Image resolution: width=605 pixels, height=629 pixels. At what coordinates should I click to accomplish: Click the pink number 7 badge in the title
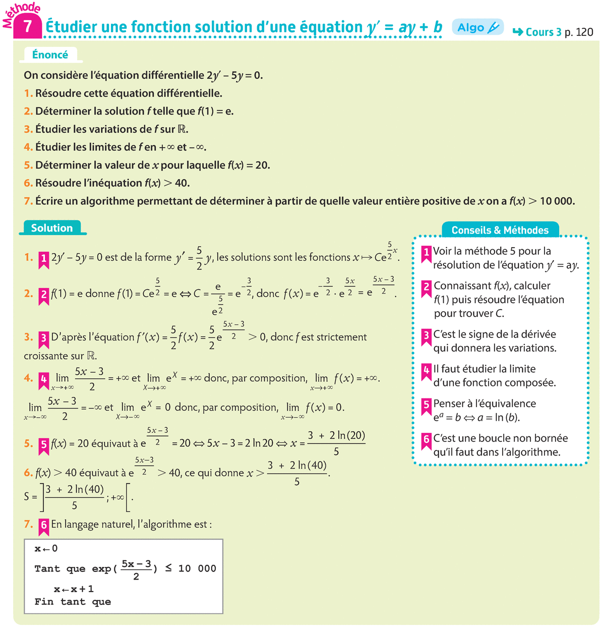click(28, 26)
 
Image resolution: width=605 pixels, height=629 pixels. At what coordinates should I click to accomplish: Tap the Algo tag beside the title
click(477, 27)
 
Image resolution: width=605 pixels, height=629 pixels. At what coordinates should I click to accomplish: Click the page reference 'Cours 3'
click(543, 32)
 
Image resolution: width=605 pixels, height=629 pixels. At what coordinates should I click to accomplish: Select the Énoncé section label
click(50, 54)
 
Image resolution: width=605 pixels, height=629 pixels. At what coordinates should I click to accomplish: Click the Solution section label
click(52, 228)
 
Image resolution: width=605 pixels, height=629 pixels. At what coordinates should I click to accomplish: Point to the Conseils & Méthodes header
click(500, 230)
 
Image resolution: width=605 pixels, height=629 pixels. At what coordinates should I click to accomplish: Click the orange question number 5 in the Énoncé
click(28, 165)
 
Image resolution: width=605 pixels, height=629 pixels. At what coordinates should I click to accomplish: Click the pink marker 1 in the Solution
click(43, 259)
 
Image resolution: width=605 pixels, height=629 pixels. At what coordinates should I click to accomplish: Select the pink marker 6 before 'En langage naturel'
click(43, 526)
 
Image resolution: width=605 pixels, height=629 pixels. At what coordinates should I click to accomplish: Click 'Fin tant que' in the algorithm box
click(73, 602)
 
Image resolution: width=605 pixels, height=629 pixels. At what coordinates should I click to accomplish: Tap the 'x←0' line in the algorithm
click(46, 549)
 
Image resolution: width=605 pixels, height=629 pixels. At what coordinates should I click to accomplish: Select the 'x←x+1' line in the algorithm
click(74, 589)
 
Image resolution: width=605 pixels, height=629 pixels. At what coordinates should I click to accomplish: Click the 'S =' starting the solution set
click(30, 497)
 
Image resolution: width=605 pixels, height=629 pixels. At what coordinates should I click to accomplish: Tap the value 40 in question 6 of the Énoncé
click(181, 183)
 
